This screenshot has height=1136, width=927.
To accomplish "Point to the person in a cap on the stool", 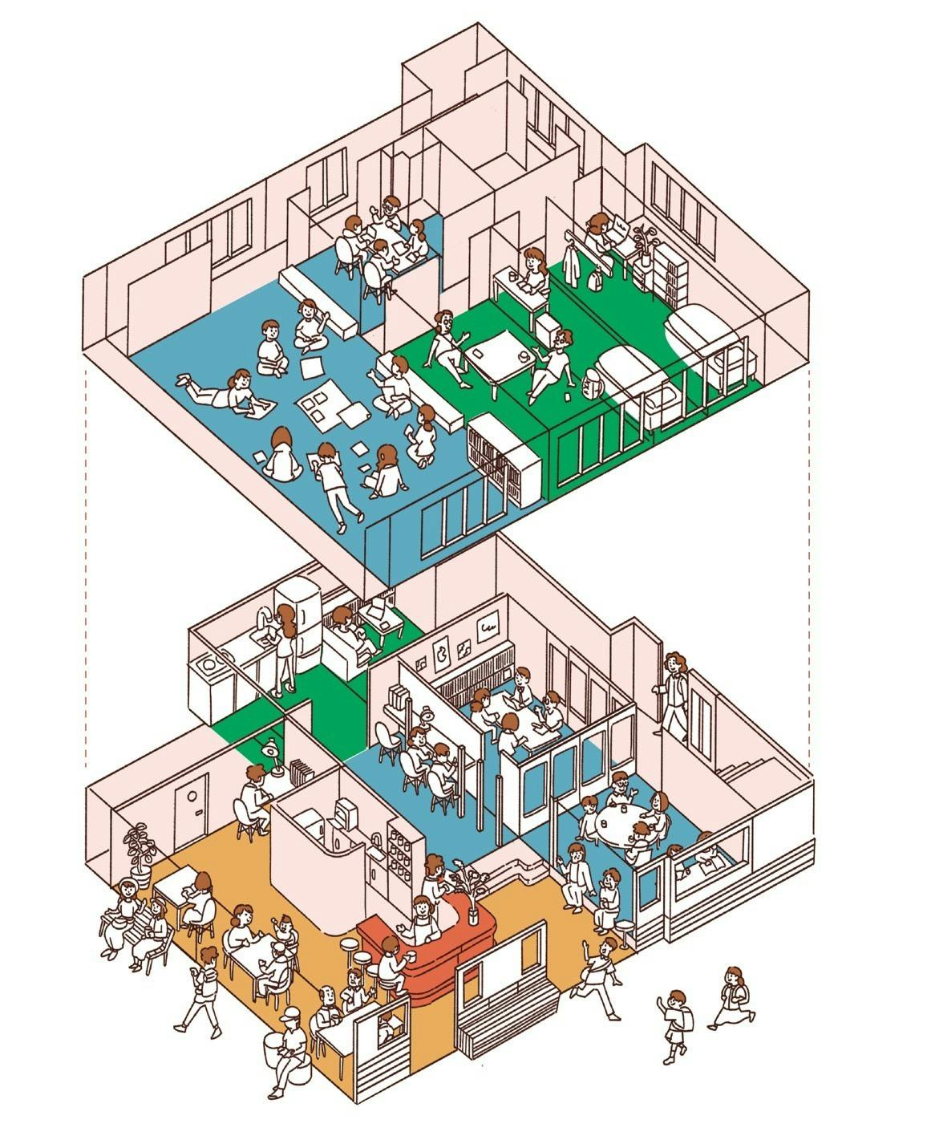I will (289, 1047).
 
